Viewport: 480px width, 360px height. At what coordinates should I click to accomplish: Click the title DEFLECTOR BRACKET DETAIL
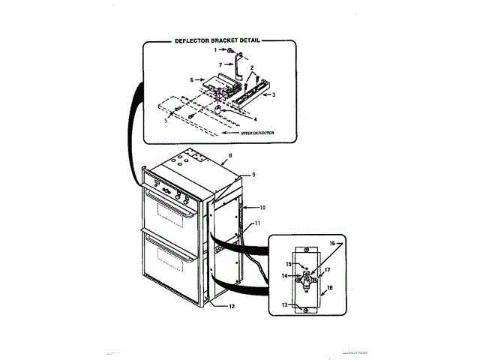point(217,41)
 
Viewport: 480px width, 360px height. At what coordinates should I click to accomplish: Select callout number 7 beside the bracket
point(220,65)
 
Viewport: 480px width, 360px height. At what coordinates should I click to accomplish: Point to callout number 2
point(253,67)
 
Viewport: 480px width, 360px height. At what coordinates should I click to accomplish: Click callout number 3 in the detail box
point(274,94)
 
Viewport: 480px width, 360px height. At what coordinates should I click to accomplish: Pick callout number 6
point(192,79)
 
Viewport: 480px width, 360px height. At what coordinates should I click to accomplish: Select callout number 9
point(253,174)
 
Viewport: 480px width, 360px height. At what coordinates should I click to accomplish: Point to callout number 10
point(262,206)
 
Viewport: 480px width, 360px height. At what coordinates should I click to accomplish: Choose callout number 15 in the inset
point(286,264)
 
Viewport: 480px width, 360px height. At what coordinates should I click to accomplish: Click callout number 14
point(285,276)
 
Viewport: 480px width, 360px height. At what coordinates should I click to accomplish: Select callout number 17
point(327,270)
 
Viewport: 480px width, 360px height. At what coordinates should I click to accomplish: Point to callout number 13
point(285,304)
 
